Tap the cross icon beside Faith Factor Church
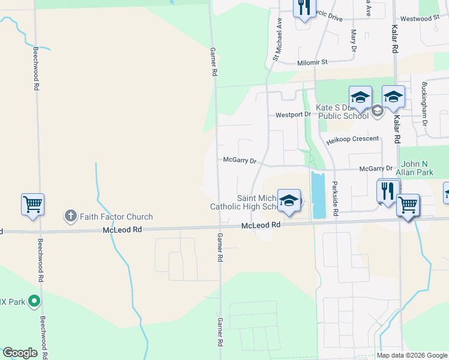point(70,217)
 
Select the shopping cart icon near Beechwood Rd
point(32,204)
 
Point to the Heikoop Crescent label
point(353,139)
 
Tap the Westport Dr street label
point(294,114)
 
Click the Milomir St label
point(312,62)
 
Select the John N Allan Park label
point(417,168)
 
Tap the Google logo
point(20,353)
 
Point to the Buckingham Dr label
point(424,104)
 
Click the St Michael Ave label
point(277,39)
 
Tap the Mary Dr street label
point(354,40)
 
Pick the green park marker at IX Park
point(35,301)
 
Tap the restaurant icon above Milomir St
point(304,7)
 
